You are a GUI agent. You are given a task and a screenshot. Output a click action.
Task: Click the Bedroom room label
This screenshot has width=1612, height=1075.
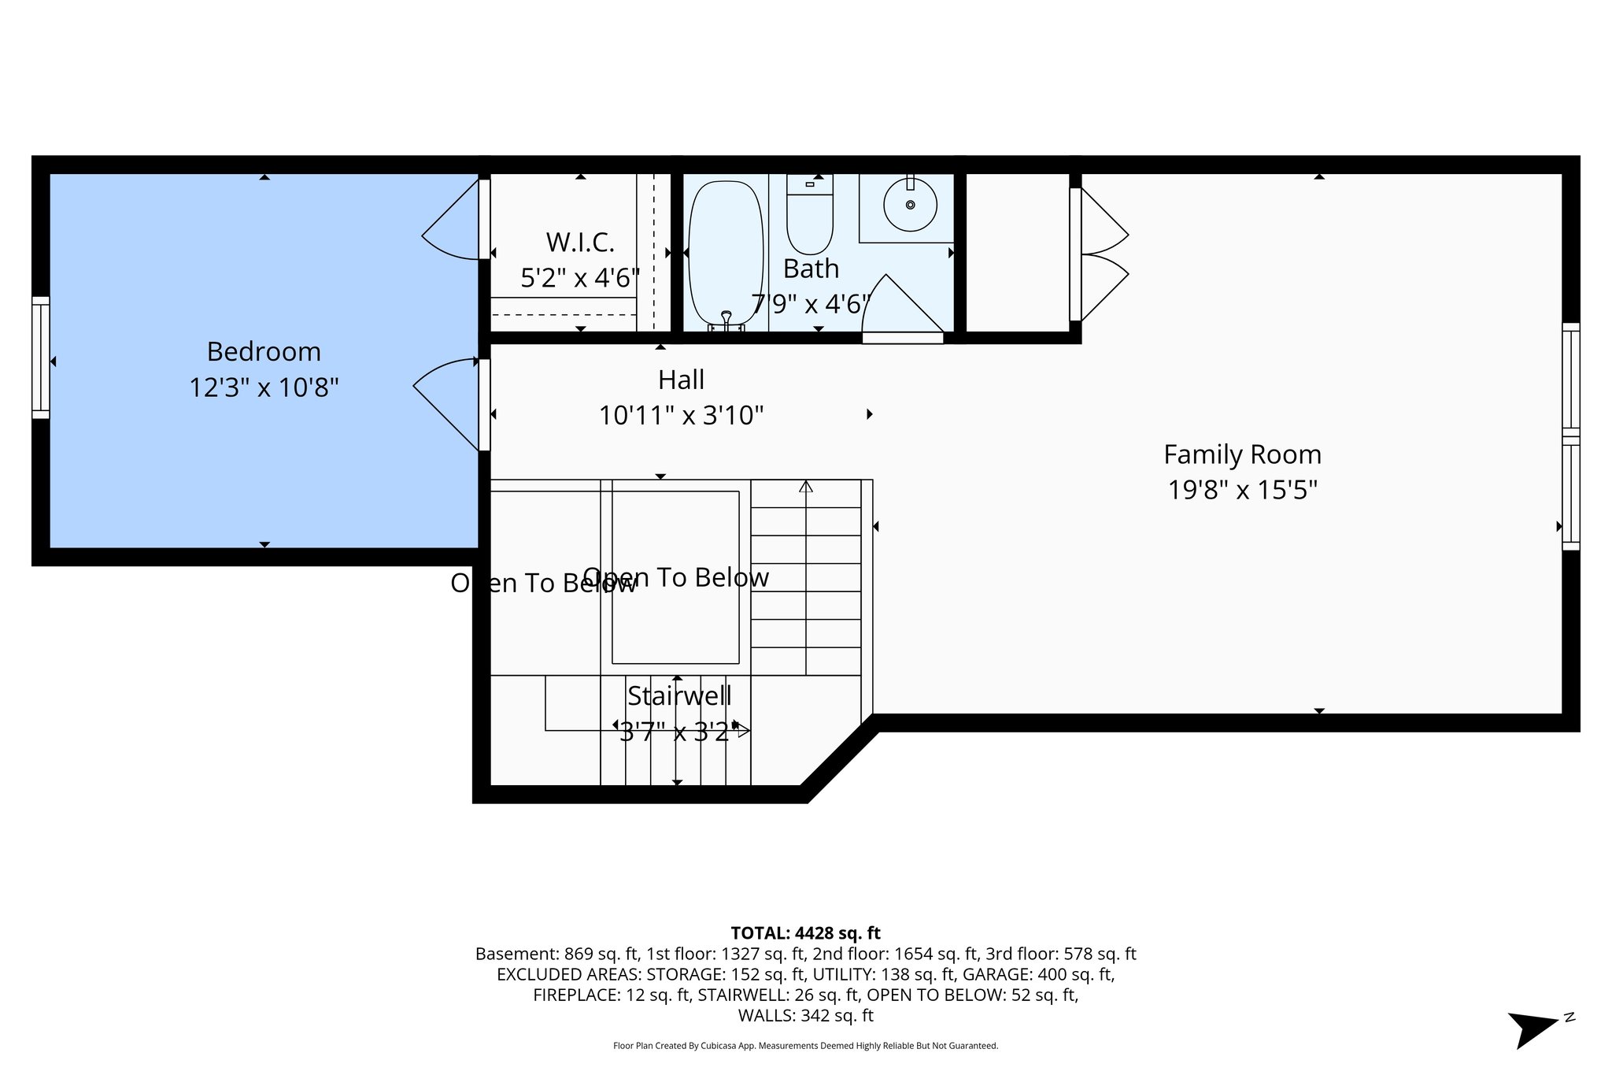(264, 351)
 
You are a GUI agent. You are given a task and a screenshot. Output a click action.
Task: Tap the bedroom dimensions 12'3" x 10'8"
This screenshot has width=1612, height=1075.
(264, 387)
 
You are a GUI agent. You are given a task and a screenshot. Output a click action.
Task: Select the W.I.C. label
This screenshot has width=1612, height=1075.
(580, 243)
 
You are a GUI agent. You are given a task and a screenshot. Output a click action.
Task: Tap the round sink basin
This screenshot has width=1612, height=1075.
(910, 205)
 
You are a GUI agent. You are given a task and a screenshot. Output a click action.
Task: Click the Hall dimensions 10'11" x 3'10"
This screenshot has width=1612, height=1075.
(681, 415)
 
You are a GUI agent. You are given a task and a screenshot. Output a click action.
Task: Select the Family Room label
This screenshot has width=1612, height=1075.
(1242, 454)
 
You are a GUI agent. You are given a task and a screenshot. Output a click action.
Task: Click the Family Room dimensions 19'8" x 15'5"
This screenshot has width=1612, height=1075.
(1242, 490)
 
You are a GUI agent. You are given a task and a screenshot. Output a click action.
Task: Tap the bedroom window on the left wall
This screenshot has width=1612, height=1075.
(40, 358)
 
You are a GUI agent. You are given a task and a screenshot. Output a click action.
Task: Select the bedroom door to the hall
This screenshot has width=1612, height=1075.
(447, 402)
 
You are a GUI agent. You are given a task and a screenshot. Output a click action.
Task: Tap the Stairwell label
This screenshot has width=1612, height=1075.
(679, 696)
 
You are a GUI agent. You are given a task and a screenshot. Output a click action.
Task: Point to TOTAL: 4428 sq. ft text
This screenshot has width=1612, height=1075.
(805, 933)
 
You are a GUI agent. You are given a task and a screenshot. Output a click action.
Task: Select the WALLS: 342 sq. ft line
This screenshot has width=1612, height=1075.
(805, 1016)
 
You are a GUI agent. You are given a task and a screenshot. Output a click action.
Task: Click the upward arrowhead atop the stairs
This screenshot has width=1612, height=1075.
(805, 487)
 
